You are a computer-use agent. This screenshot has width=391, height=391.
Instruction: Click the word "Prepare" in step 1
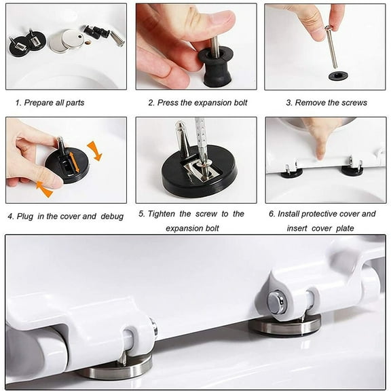[x=39, y=103]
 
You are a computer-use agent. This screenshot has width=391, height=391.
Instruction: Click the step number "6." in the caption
[x=273, y=214]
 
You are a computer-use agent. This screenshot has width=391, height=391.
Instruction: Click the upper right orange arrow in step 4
[x=94, y=151]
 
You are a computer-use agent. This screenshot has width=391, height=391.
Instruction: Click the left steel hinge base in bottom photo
[x=115, y=368]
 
